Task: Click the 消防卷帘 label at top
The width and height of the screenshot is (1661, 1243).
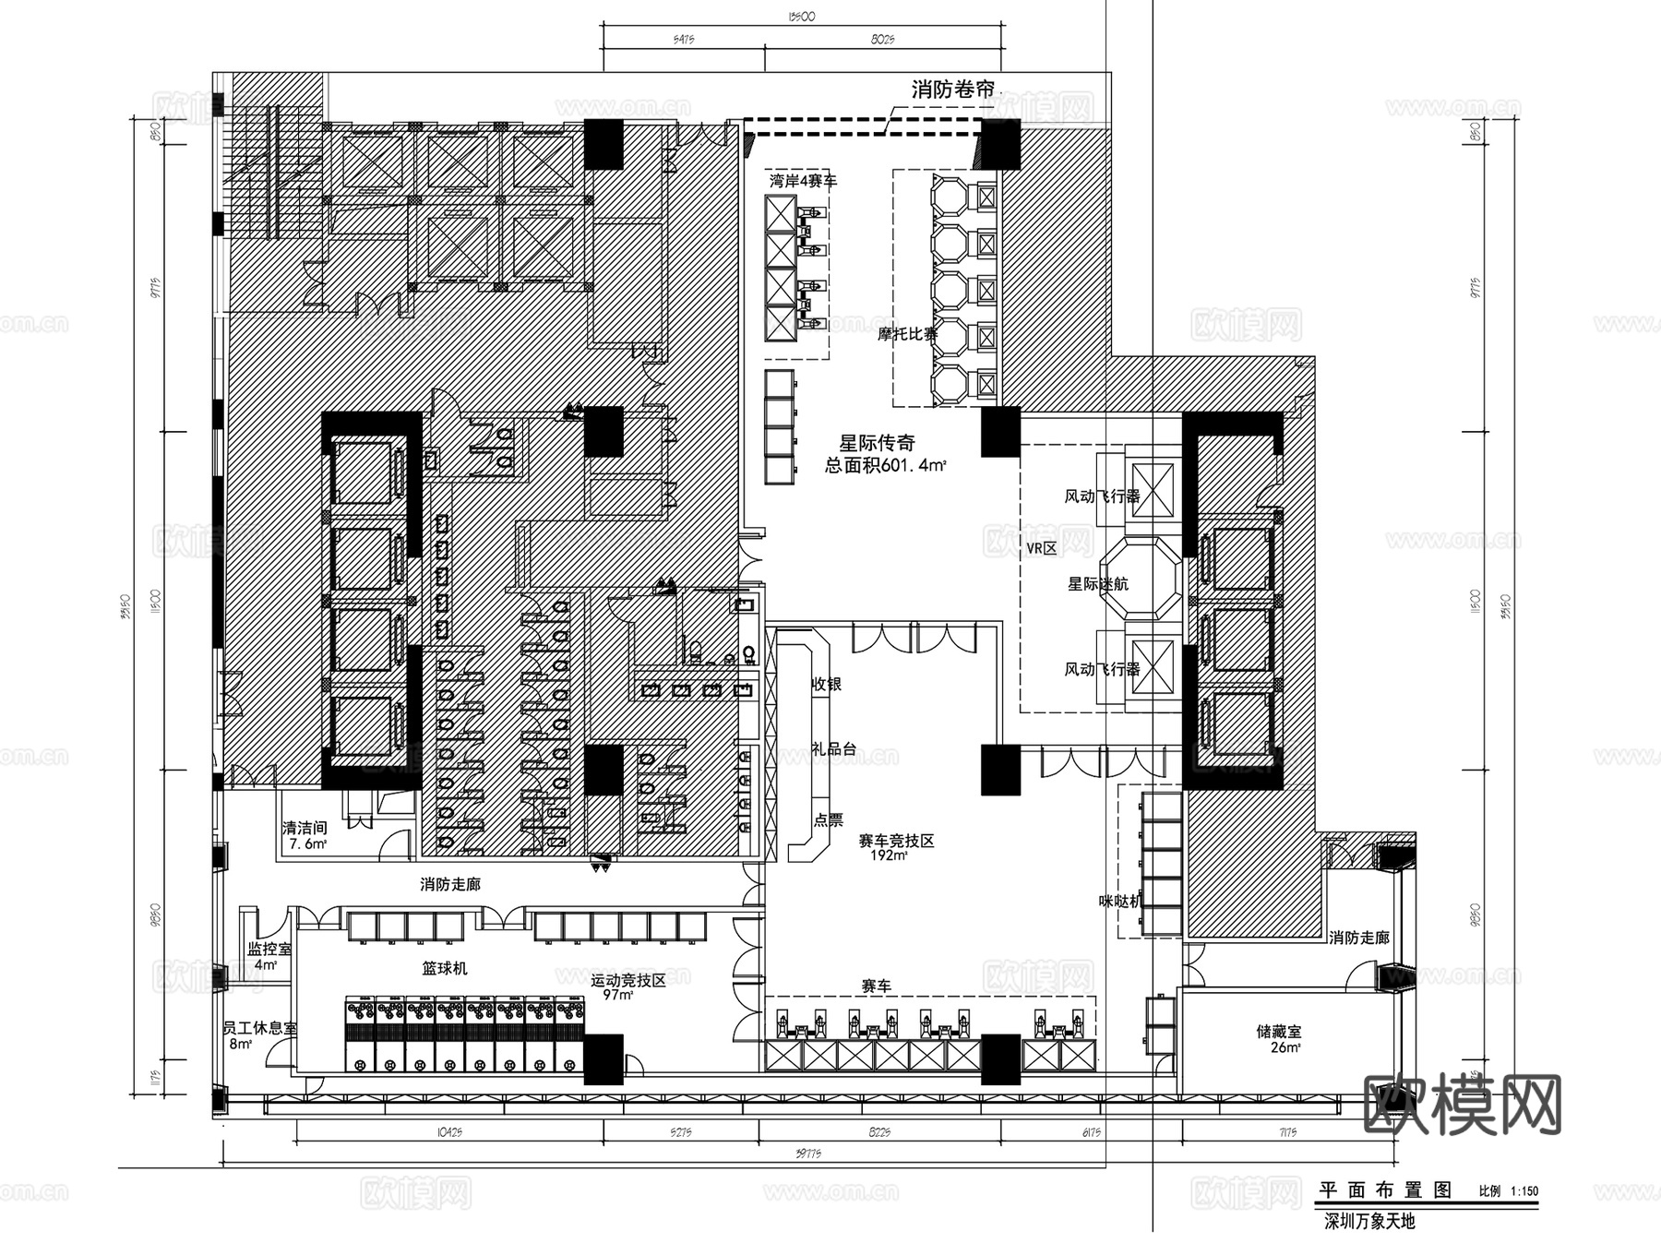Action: [x=953, y=90]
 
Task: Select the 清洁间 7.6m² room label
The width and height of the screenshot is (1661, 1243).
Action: [x=305, y=836]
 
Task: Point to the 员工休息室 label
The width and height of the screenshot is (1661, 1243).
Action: [x=259, y=1028]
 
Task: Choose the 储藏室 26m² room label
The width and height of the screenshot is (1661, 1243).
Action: [x=1278, y=1039]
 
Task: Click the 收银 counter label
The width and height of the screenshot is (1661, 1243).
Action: [x=826, y=684]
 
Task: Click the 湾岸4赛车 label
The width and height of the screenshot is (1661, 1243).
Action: [x=803, y=181]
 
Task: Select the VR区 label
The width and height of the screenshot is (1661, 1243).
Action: [x=1041, y=548]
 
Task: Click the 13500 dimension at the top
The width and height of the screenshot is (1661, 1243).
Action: [x=801, y=16]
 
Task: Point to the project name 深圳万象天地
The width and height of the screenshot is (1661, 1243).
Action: [x=1369, y=1222]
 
